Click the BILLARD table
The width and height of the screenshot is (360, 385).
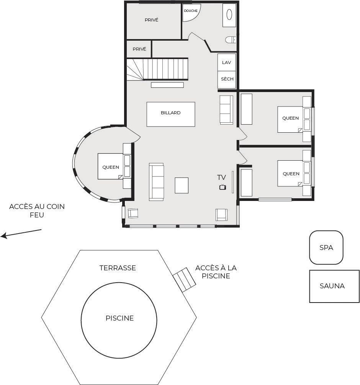click(x=171, y=114)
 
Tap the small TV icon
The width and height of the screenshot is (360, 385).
click(x=223, y=187)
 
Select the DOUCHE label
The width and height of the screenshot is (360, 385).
click(x=191, y=11)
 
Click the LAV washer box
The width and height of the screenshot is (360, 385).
click(x=227, y=63)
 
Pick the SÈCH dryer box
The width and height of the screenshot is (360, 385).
click(x=227, y=79)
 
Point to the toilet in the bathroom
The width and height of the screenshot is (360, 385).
click(x=231, y=40)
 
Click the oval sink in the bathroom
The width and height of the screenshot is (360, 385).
click(x=229, y=14)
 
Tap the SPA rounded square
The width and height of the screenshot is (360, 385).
click(x=326, y=247)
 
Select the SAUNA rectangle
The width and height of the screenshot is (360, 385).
click(x=334, y=286)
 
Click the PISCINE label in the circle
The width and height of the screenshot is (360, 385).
click(x=119, y=318)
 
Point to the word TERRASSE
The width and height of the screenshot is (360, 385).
click(x=118, y=268)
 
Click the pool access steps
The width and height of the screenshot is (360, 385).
click(x=184, y=280)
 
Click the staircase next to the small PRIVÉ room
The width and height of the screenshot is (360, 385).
click(x=157, y=69)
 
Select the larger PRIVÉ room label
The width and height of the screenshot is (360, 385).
click(x=152, y=20)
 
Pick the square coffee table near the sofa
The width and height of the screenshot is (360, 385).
click(x=182, y=185)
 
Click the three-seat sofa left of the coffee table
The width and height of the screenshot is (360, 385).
click(x=156, y=182)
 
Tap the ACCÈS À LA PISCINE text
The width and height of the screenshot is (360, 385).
click(x=216, y=272)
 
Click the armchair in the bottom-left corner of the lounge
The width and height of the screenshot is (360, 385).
click(x=133, y=213)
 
